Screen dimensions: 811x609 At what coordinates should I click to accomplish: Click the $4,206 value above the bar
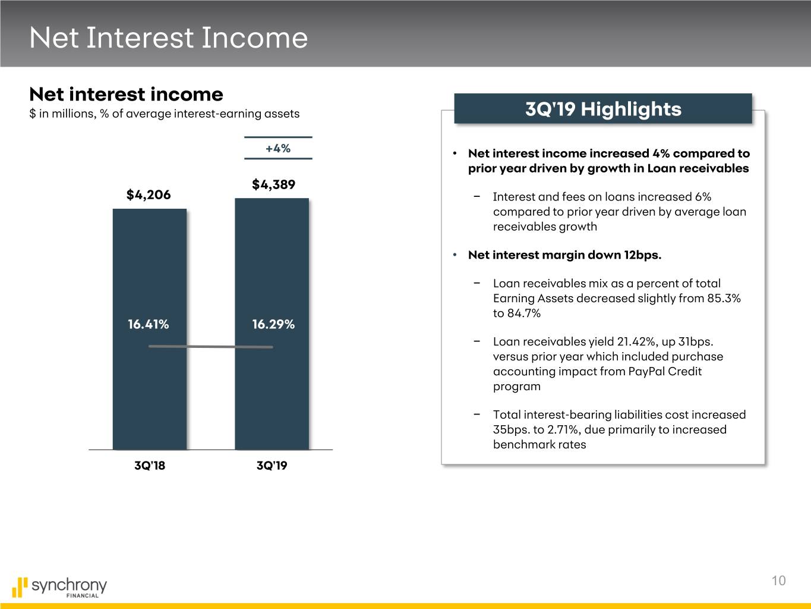[149, 194]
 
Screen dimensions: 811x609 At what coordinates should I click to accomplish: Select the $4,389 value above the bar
[273, 184]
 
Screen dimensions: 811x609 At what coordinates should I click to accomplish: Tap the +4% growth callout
[278, 148]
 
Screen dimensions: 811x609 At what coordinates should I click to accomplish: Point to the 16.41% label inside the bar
[148, 324]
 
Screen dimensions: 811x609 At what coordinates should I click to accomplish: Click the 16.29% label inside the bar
[273, 324]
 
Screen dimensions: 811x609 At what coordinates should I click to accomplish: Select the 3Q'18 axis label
[150, 465]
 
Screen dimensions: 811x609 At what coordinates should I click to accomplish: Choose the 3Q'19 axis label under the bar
[272, 465]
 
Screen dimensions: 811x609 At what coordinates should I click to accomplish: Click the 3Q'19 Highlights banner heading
[603, 109]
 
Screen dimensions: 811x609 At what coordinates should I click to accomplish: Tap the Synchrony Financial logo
[59, 587]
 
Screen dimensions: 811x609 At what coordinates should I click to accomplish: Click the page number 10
[778, 580]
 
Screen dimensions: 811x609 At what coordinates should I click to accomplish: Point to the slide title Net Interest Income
[169, 37]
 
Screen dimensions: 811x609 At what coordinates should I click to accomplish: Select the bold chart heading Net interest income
[127, 94]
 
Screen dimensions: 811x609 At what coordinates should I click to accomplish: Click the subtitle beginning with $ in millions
[165, 114]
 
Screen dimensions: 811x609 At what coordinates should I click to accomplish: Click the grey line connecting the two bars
[210, 347]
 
